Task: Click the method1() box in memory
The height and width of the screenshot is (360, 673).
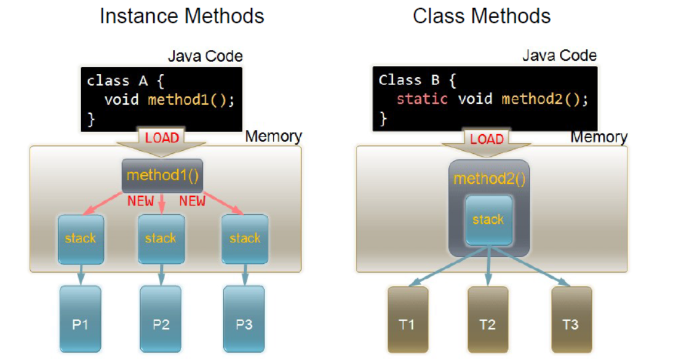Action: pos(162,175)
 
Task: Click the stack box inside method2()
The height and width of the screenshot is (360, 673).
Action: pos(488,220)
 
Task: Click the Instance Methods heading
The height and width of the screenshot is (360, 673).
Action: pos(181,16)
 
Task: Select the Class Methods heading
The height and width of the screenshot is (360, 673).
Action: pos(482,16)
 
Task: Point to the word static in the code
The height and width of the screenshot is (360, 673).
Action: pos(422,99)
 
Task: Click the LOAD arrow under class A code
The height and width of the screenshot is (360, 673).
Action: pos(162,141)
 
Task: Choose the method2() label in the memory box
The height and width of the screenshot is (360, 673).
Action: pos(488,179)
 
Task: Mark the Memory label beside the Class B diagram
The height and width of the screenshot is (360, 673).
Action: pos(599,137)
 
